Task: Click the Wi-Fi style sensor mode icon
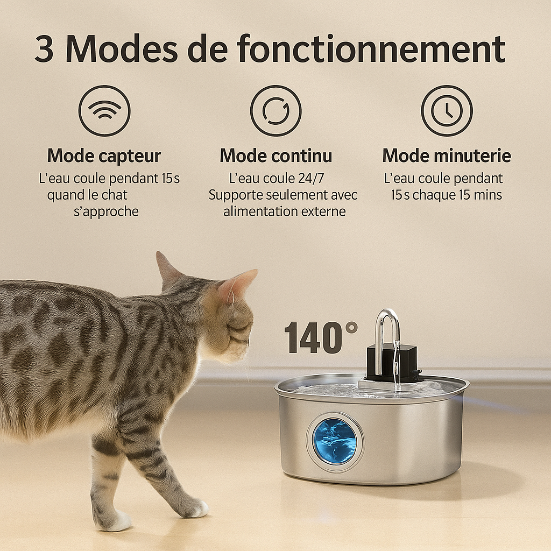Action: [x=104, y=111]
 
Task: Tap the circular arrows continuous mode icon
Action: [x=275, y=111]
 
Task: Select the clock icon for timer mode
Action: [x=446, y=111]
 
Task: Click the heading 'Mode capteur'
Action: [x=104, y=156]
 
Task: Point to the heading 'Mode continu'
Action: [x=275, y=156]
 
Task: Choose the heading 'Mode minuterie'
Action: [x=446, y=156]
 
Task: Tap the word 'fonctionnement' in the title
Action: [x=371, y=50]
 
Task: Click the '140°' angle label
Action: [x=321, y=338]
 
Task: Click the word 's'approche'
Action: [x=105, y=211]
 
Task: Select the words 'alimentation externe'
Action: [x=284, y=211]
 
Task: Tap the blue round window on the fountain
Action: [x=335, y=441]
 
